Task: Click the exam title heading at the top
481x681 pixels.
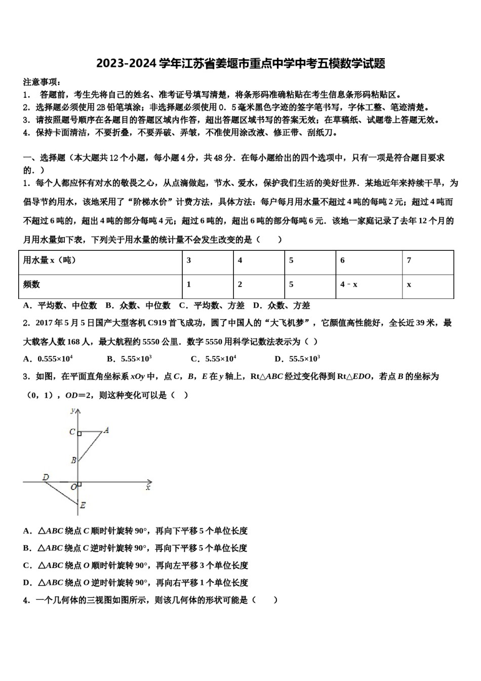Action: [x=240, y=64]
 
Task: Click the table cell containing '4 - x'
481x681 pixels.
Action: [x=349, y=285]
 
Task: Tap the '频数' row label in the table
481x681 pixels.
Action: [x=31, y=285]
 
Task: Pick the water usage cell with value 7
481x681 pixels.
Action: [x=409, y=260]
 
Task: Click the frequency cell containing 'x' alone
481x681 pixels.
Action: [x=409, y=285]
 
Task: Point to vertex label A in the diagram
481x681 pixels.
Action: [x=106, y=430]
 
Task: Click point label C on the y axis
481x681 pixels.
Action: [x=72, y=432]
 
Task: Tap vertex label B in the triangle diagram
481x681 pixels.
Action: [x=73, y=460]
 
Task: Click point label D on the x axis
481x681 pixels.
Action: [x=46, y=477]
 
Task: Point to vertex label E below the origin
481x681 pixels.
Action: [x=83, y=505]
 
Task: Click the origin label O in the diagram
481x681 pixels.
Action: [x=73, y=487]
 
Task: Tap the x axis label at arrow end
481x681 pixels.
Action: [x=148, y=487]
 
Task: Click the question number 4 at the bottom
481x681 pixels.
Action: [x=26, y=600]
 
